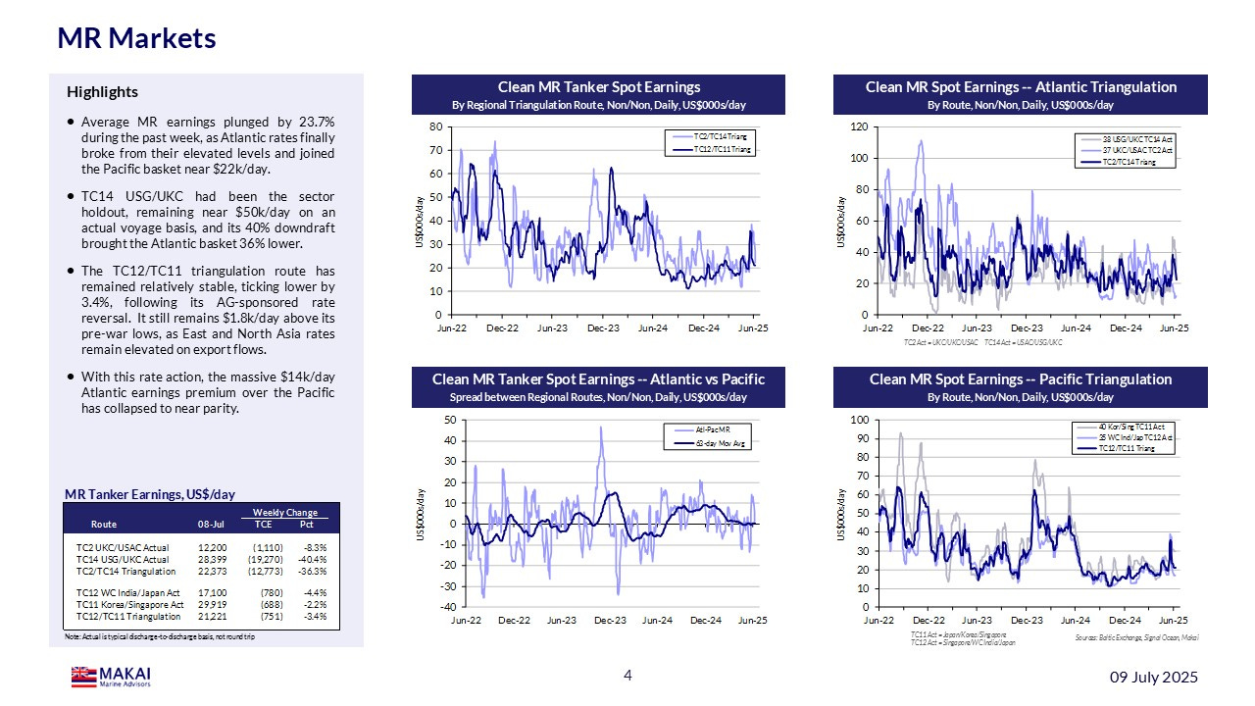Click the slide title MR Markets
pyautogui.click(x=136, y=38)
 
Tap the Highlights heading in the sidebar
pyautogui.click(x=102, y=92)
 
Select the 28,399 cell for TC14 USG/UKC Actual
pyautogui.click(x=213, y=559)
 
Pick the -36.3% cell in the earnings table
pyautogui.click(x=311, y=571)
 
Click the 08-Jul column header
pyautogui.click(x=213, y=524)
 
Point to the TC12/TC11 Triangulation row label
pyautogui.click(x=128, y=616)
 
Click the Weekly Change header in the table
pyautogui.click(x=284, y=513)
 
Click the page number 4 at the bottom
pyautogui.click(x=628, y=676)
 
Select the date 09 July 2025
pyautogui.click(x=1153, y=678)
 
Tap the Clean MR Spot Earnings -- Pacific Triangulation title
pyautogui.click(x=1020, y=379)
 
